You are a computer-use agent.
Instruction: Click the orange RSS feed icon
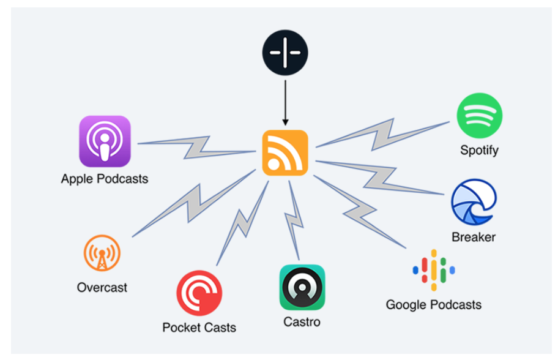tap(285, 152)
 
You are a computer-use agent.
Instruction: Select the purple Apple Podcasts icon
tap(105, 141)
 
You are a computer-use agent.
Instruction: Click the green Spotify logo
tap(479, 116)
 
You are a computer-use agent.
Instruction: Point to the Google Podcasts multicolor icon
tap(434, 270)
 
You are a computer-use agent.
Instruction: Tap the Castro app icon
tap(302, 288)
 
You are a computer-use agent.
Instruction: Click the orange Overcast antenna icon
tap(102, 254)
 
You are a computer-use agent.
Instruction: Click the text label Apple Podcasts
tap(105, 179)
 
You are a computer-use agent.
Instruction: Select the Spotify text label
tap(479, 150)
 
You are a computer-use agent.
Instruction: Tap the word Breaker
tap(473, 237)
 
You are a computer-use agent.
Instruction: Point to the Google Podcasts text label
tap(433, 304)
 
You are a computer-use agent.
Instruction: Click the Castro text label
tap(302, 322)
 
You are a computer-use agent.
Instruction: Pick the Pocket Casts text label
tap(199, 328)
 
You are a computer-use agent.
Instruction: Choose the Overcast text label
tap(102, 287)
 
